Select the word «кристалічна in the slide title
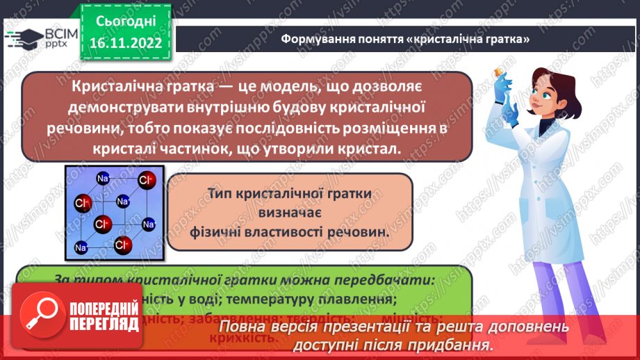pos(445,40)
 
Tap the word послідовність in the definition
pos(274,129)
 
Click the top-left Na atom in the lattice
pos(102,178)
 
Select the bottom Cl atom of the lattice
pos(123,245)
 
